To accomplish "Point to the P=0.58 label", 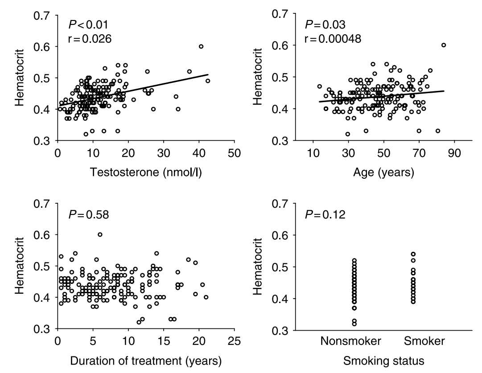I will tap(88, 216).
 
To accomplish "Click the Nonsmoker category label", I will tap(350, 342).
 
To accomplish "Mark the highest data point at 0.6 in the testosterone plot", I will tap(201, 46).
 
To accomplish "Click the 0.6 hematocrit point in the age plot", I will tap(444, 45).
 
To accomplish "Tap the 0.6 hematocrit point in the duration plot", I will tap(100, 234).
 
